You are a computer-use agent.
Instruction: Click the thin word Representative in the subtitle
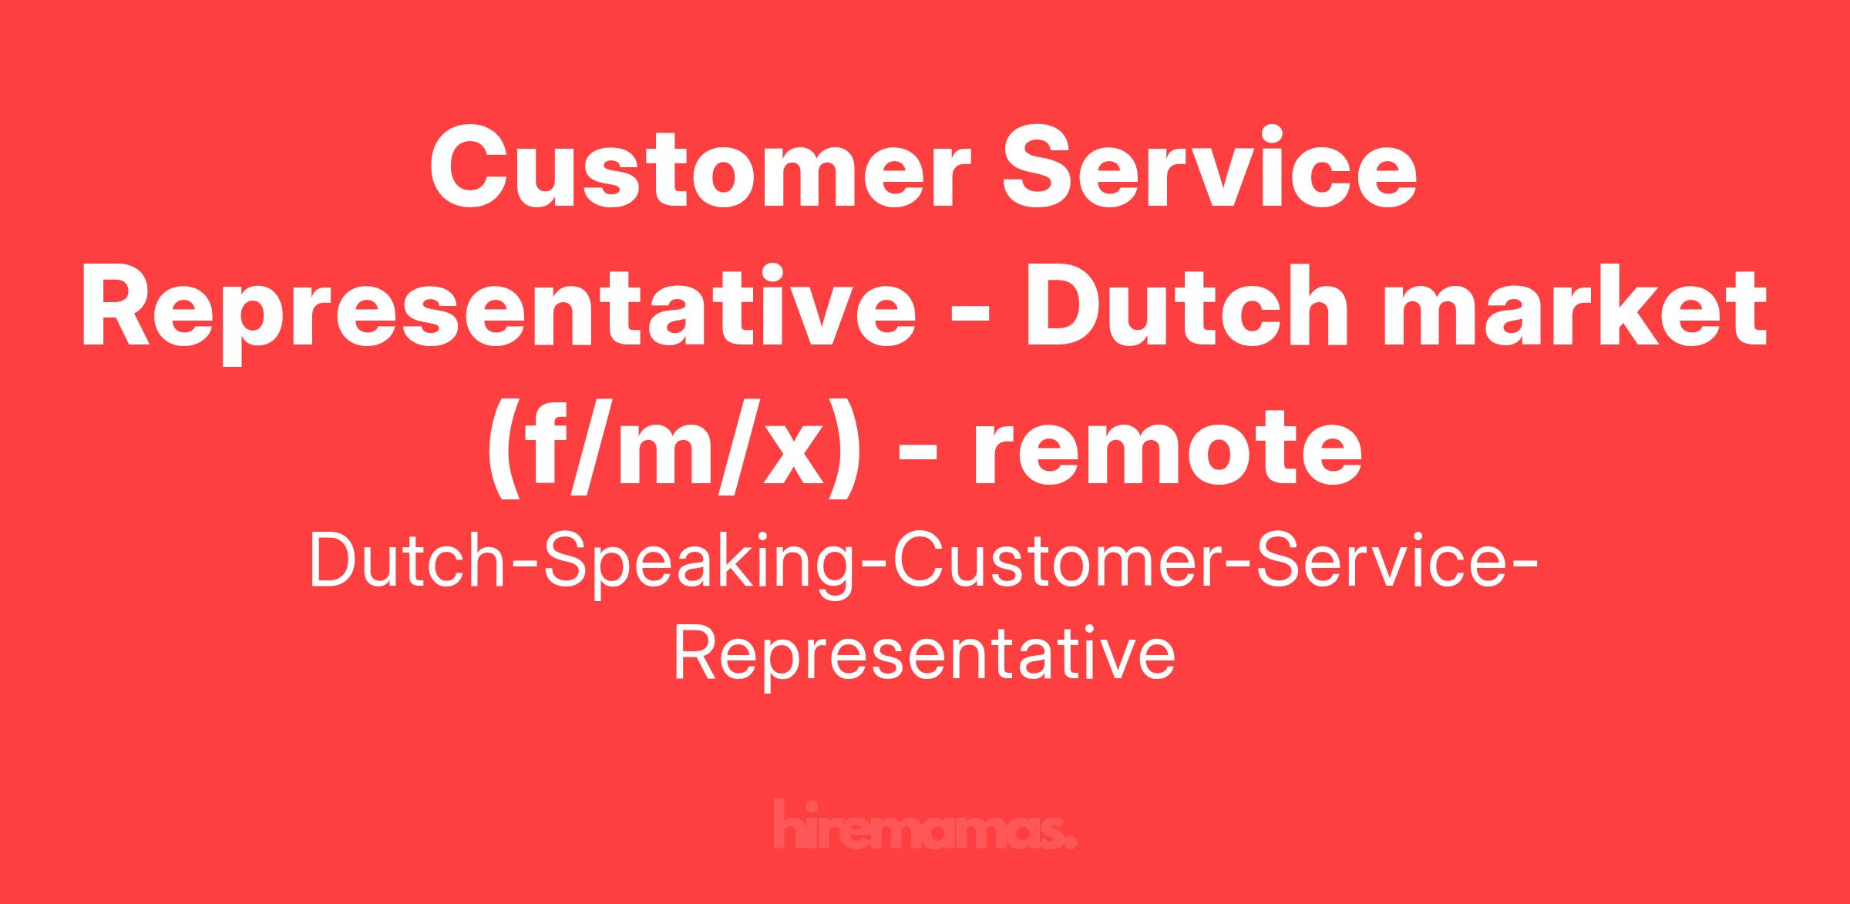coord(924,657)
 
